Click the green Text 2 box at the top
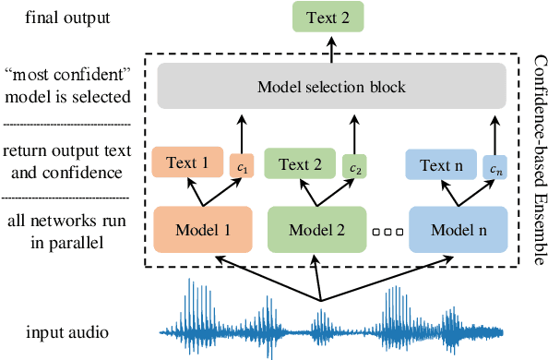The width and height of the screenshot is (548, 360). point(328,18)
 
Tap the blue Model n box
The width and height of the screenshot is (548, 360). point(458,227)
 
